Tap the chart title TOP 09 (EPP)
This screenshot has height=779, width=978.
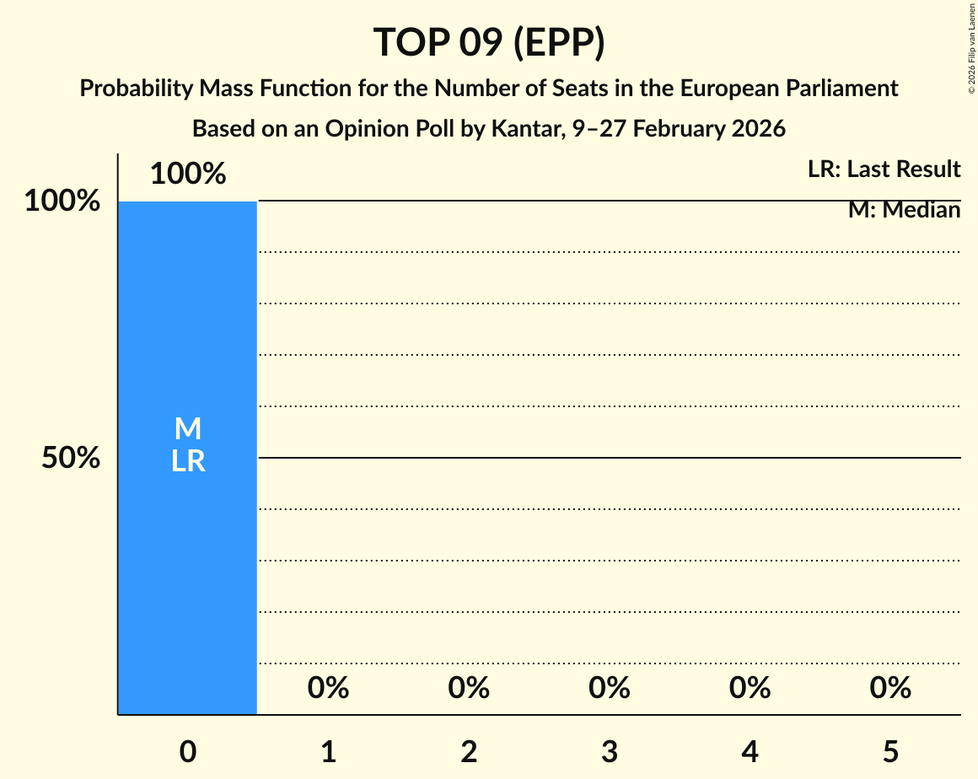[489, 42]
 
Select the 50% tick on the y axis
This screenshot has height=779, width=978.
[71, 459]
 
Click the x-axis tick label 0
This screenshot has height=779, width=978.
[188, 751]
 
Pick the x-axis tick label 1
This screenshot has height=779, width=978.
[329, 751]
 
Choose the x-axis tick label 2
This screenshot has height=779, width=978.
[469, 751]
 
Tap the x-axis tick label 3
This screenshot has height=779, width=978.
[610, 751]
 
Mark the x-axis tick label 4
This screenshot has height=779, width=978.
[750, 751]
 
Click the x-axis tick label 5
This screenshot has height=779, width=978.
[890, 751]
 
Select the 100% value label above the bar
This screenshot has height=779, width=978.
[188, 175]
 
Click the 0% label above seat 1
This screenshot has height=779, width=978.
[329, 689]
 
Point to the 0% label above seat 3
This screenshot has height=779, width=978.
[610, 689]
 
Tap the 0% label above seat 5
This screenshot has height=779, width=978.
[890, 689]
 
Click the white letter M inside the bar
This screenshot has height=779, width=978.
[188, 429]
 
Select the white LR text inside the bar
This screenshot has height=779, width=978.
[188, 461]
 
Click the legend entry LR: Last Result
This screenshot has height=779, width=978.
[884, 169]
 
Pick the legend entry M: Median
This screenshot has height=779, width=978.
[904, 210]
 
